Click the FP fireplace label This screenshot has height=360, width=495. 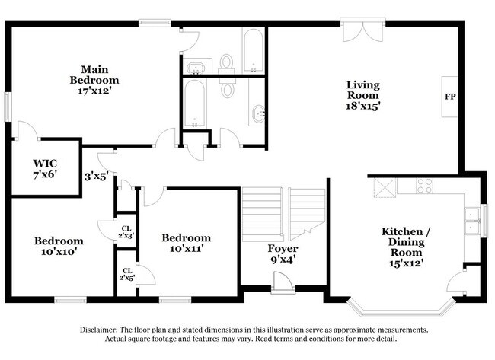click(x=450, y=97)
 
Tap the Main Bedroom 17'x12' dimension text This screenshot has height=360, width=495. click(x=94, y=91)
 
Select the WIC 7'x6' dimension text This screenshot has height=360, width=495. click(x=45, y=174)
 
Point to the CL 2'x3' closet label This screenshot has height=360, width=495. click(x=126, y=232)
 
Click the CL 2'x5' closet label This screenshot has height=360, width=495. click(x=127, y=274)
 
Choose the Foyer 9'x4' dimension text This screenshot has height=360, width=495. click(x=283, y=260)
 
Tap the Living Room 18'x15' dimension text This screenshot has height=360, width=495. click(x=362, y=106)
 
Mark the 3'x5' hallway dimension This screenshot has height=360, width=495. click(x=96, y=176)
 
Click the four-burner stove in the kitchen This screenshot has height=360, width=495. click(x=425, y=186)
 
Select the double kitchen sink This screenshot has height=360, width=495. click(x=472, y=221)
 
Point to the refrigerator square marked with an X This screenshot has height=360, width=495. click(x=385, y=188)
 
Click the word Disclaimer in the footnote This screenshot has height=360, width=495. click(x=98, y=330)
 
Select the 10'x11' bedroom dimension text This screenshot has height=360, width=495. click(x=187, y=249)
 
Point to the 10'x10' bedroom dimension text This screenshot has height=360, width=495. click(x=59, y=252)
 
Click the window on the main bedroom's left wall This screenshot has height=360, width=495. click(x=8, y=107)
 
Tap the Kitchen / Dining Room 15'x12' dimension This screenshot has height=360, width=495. click(x=406, y=263)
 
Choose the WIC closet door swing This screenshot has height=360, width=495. click(x=27, y=129)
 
